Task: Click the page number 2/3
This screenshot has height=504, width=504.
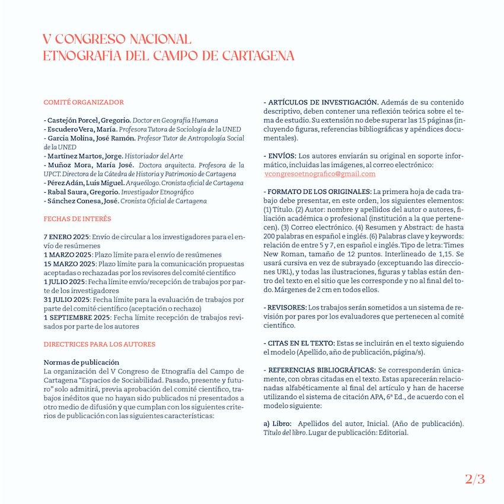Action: (x=474, y=479)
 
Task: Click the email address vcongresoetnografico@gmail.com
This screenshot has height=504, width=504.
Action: (x=320, y=174)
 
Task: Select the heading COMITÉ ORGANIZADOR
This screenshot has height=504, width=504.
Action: (x=84, y=102)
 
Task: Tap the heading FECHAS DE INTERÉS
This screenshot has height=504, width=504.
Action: (x=77, y=219)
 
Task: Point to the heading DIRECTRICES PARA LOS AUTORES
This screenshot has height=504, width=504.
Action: (x=100, y=344)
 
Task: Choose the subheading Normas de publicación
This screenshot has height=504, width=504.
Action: (x=81, y=362)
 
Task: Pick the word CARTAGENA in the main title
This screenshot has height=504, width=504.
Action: (x=258, y=56)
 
